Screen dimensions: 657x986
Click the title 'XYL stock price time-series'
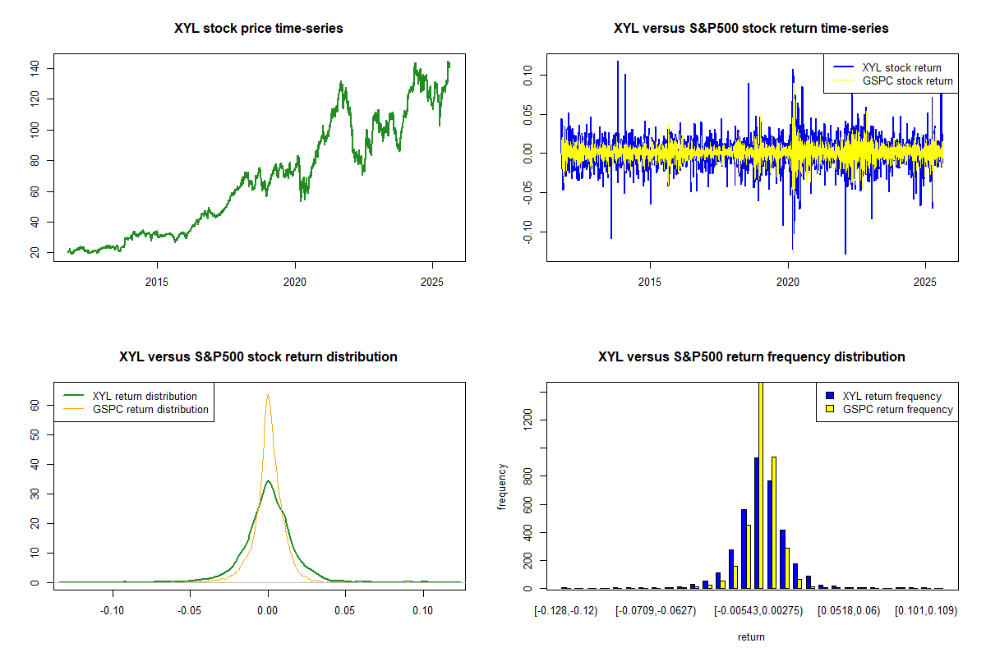point(258,29)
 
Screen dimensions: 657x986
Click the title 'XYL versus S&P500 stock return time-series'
point(751,29)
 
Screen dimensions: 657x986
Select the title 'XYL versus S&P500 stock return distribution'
point(258,357)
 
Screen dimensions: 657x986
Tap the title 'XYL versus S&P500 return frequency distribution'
point(751,357)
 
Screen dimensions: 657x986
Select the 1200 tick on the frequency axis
point(529,420)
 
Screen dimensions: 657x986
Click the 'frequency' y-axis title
point(502,486)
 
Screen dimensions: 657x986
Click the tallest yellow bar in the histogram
point(761,485)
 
